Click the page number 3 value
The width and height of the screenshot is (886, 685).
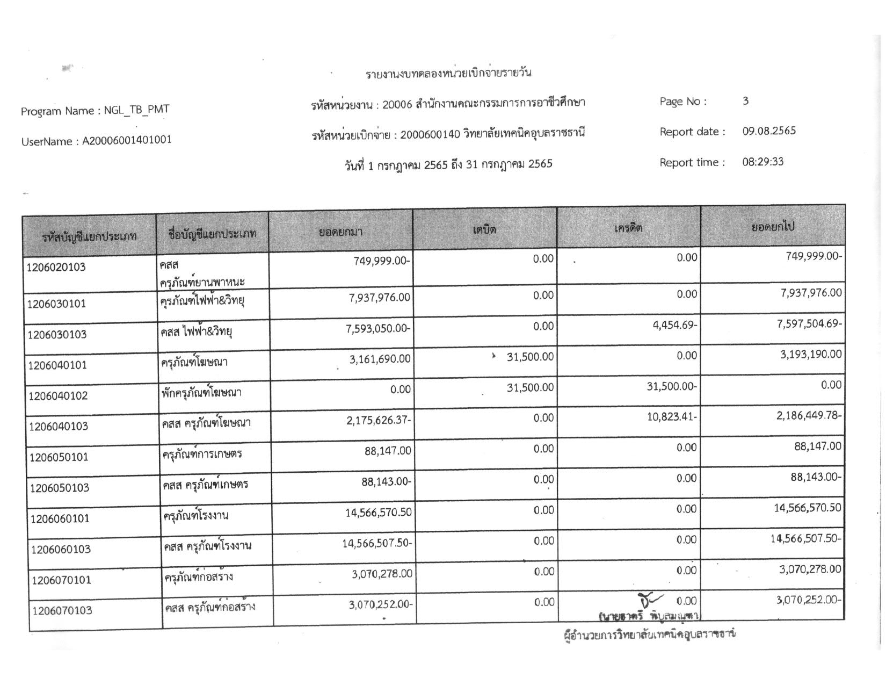tap(745, 101)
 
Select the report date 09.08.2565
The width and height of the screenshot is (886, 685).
tap(769, 131)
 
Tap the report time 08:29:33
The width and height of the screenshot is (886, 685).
tap(762, 162)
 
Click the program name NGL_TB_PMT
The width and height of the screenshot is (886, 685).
tap(136, 110)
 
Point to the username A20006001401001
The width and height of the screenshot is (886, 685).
tap(127, 140)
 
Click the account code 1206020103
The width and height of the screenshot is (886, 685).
tap(56, 268)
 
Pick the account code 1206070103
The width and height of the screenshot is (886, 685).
tap(62, 611)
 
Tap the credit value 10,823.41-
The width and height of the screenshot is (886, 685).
tap(672, 417)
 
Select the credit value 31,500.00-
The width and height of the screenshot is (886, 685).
tap(671, 387)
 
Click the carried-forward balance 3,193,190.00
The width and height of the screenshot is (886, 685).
tap(811, 355)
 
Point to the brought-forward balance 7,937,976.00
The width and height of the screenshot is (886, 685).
tap(380, 298)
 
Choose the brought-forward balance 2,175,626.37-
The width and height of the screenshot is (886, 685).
tap(379, 420)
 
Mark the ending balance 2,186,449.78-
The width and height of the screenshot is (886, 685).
tap(809, 415)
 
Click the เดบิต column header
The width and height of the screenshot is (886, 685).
tap(484, 230)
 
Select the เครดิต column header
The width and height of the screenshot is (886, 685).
tap(628, 228)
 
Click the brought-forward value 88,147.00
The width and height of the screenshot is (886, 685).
tap(388, 450)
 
